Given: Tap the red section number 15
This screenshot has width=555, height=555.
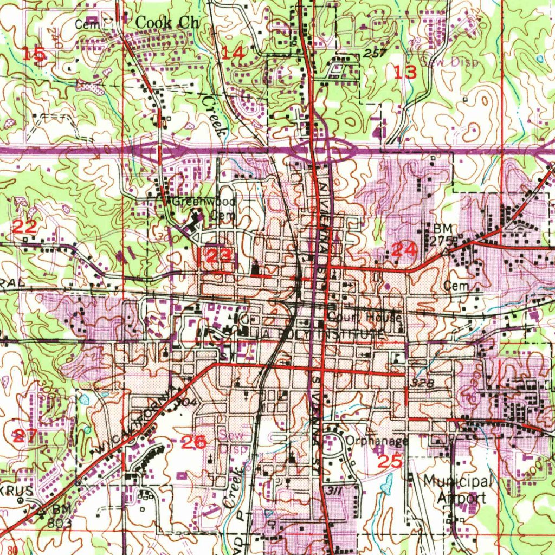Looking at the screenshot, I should pyautogui.click(x=34, y=54).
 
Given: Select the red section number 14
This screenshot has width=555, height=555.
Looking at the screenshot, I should pyautogui.click(x=233, y=53).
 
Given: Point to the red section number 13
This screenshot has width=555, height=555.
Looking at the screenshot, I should pyautogui.click(x=405, y=72).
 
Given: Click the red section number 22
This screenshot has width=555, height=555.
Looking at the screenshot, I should pyautogui.click(x=24, y=227).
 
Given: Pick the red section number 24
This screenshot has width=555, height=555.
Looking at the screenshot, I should pyautogui.click(x=404, y=250).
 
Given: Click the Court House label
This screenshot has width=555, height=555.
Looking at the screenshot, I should pyautogui.click(x=364, y=317).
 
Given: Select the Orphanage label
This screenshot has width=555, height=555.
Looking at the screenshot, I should pyautogui.click(x=377, y=441).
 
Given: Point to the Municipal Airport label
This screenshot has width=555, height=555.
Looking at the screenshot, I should pyautogui.click(x=458, y=489).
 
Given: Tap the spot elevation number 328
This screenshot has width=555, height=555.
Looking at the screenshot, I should pyautogui.click(x=422, y=383).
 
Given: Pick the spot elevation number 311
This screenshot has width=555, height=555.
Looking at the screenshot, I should pyautogui.click(x=334, y=489).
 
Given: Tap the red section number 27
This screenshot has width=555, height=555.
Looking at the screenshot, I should pyautogui.click(x=25, y=435).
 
